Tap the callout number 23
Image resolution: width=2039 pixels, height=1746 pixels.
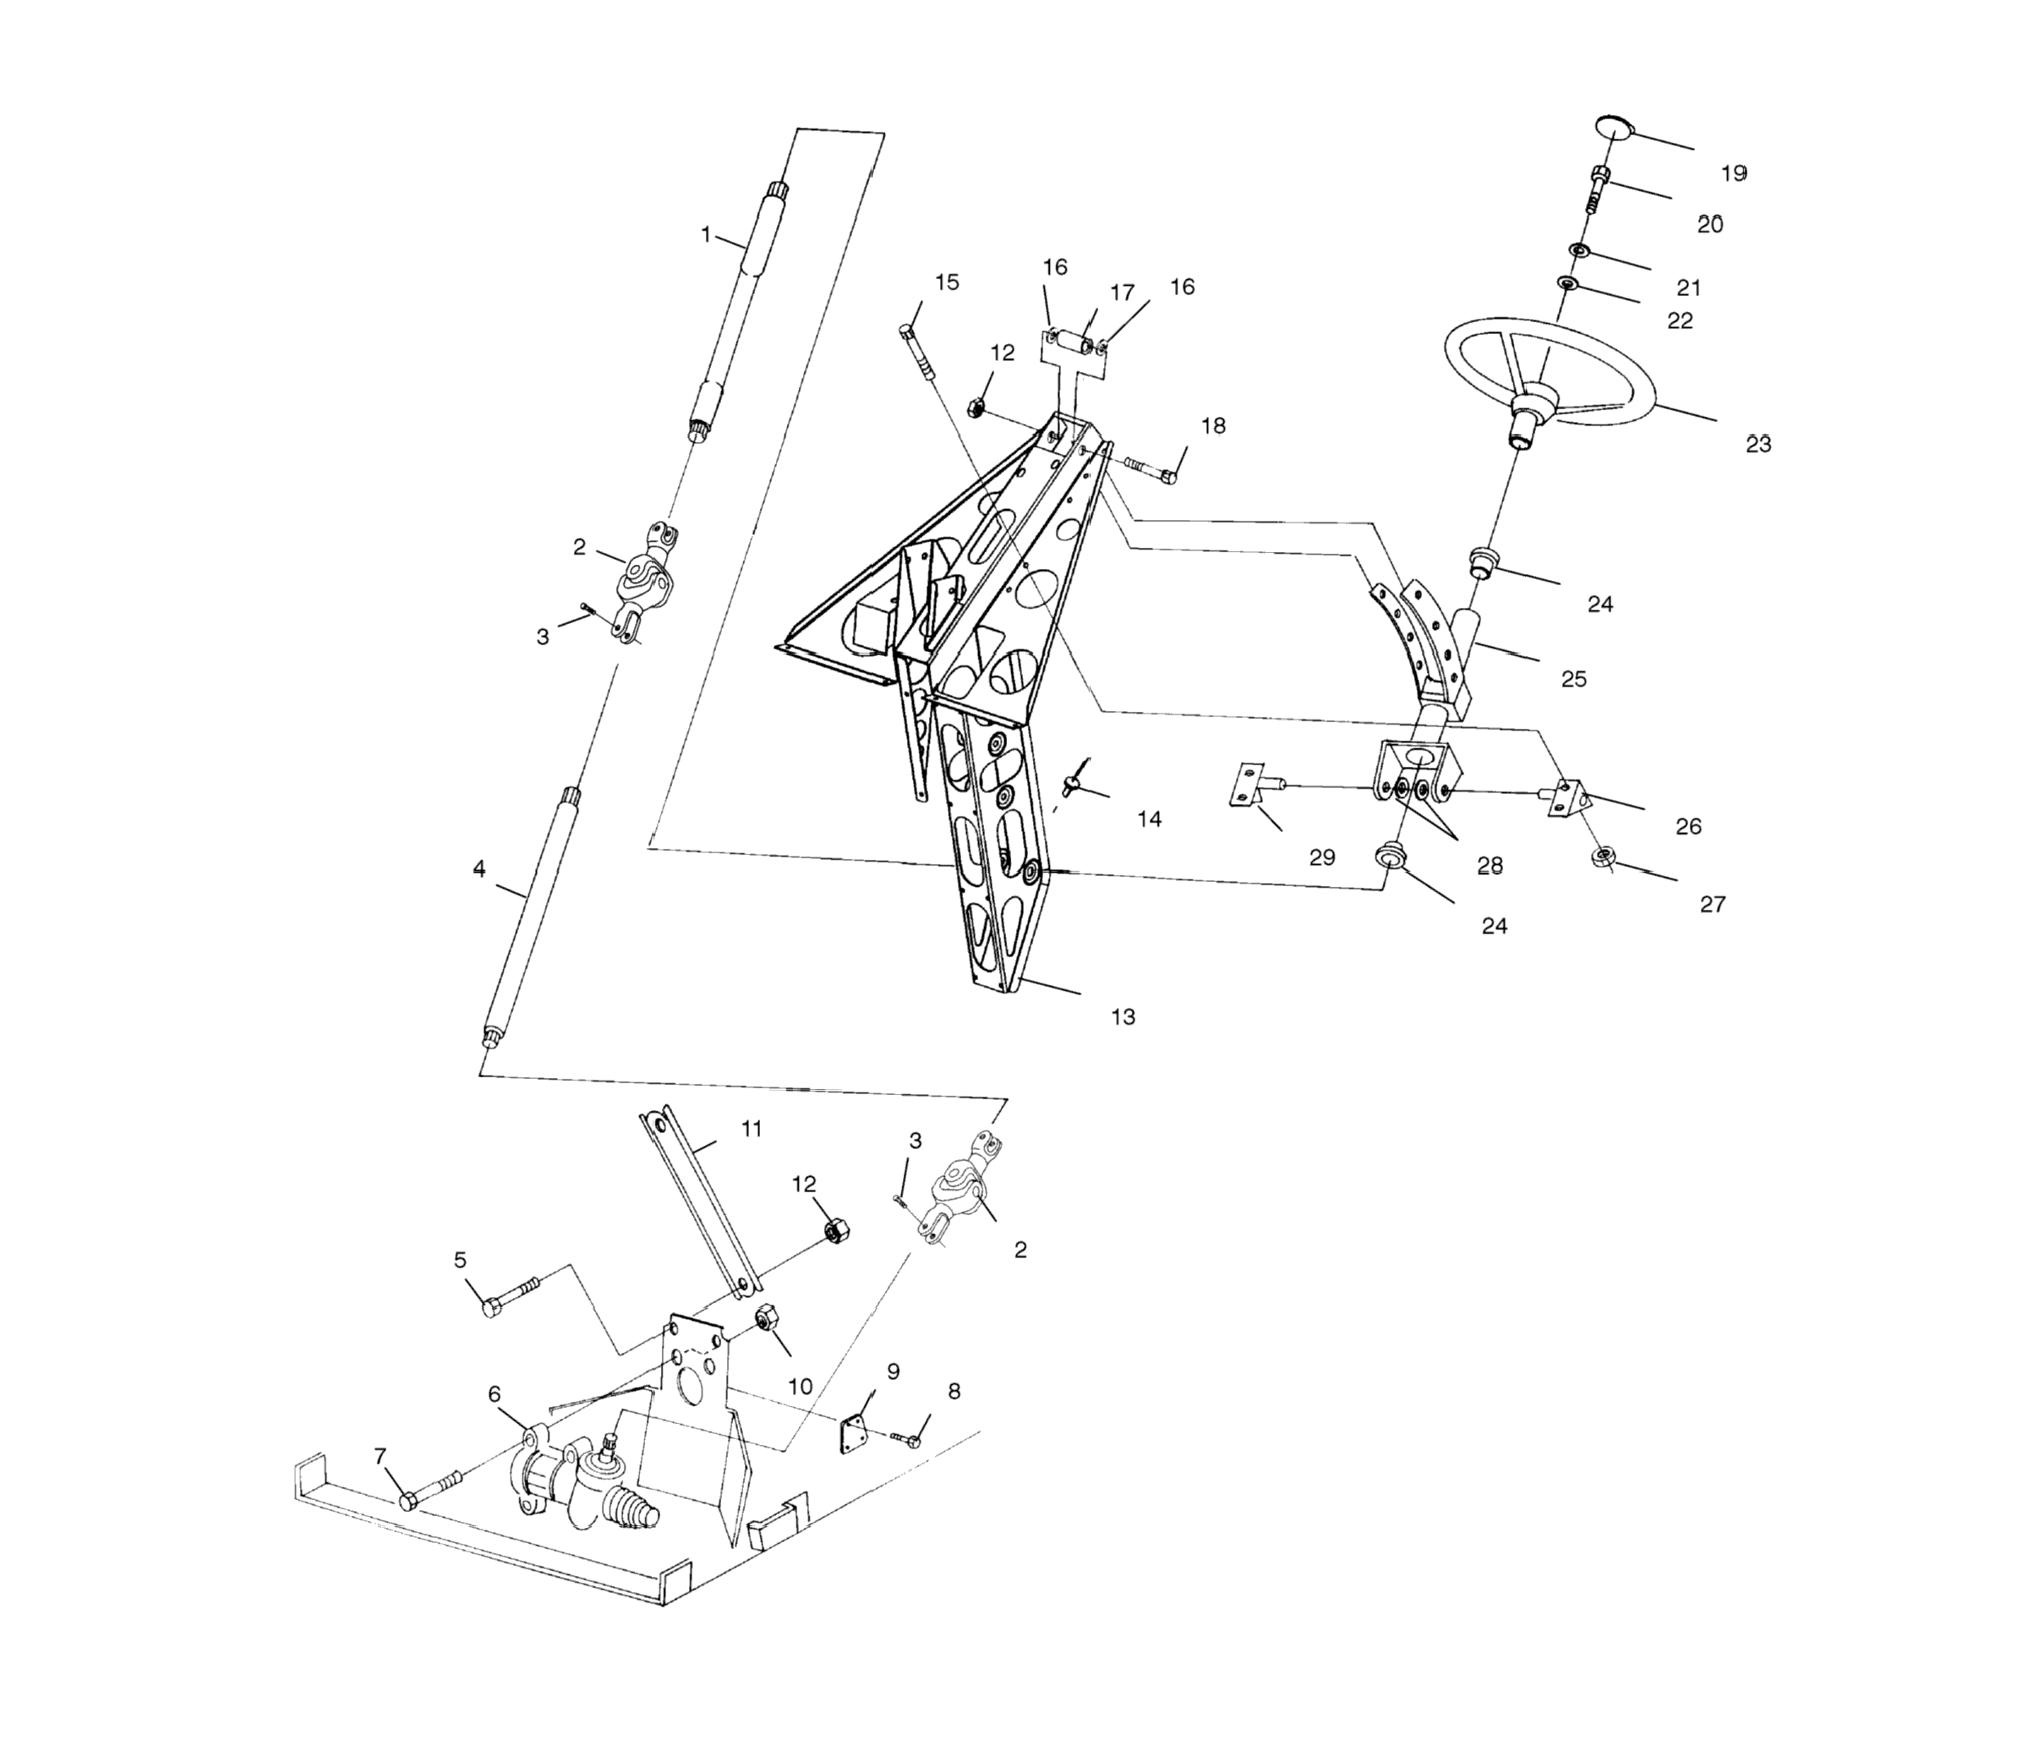1758,444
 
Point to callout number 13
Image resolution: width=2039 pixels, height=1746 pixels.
1123,1016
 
